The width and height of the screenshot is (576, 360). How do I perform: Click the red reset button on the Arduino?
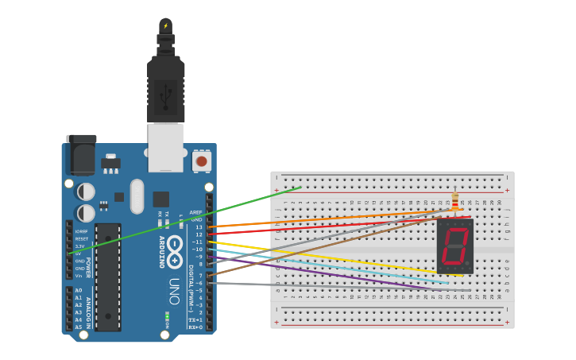(201, 161)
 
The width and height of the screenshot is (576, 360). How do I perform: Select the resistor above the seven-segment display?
(454, 199)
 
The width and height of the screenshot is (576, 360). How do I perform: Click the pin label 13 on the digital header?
(199, 227)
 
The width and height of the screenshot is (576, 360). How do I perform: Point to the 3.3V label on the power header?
(79, 246)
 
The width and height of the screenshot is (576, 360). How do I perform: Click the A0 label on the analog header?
(79, 291)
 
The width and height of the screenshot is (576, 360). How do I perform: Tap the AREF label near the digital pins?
(196, 212)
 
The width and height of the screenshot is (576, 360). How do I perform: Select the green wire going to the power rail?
(199, 218)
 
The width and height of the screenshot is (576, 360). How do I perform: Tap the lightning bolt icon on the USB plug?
(165, 26)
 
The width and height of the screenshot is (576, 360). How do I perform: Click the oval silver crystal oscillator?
(137, 196)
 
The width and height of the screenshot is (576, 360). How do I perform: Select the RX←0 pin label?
(195, 327)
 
